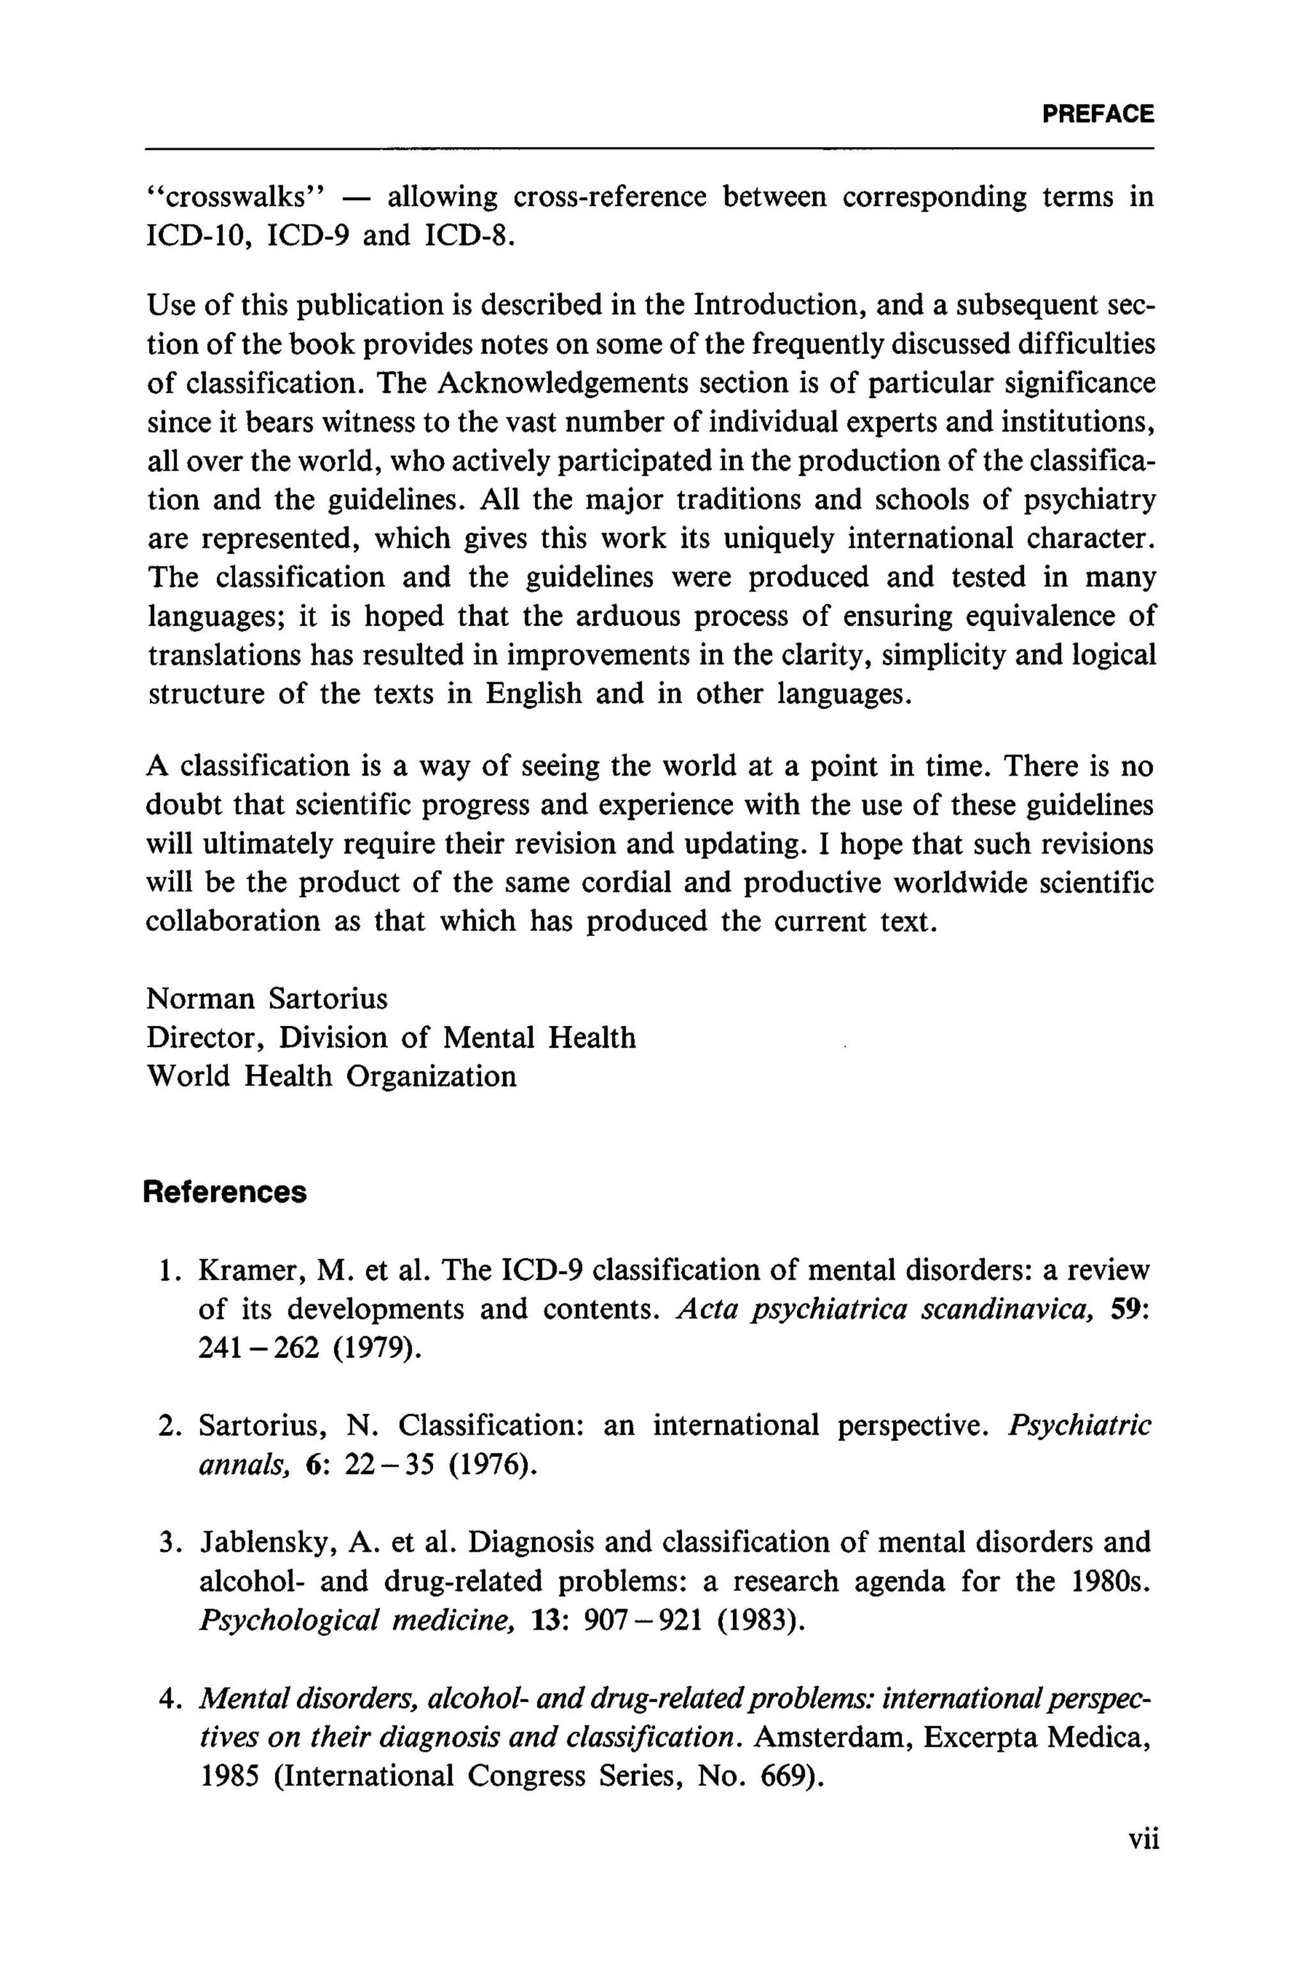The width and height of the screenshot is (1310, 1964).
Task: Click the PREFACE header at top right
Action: coord(1098,114)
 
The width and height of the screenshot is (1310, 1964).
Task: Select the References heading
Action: coord(225,1192)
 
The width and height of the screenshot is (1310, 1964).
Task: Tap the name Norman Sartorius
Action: coord(267,999)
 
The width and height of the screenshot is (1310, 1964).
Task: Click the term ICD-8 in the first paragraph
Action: coord(466,237)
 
